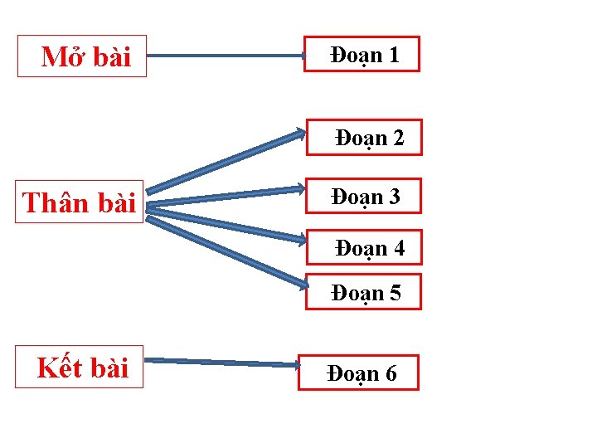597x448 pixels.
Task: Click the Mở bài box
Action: coord(82,56)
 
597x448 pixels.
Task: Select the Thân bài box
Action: coord(80,202)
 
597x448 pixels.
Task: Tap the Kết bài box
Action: coord(80,367)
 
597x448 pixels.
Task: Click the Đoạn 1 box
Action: coord(362,55)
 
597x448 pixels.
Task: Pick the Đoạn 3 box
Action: coord(362,197)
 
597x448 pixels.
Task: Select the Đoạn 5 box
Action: coord(363,292)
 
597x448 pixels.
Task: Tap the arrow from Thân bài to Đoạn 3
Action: coord(224,196)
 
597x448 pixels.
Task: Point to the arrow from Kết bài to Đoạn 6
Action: coord(224,362)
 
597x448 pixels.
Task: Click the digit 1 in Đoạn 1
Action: coord(393,55)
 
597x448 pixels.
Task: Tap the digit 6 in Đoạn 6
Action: coord(390,374)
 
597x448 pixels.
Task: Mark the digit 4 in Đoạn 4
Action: coord(398,248)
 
